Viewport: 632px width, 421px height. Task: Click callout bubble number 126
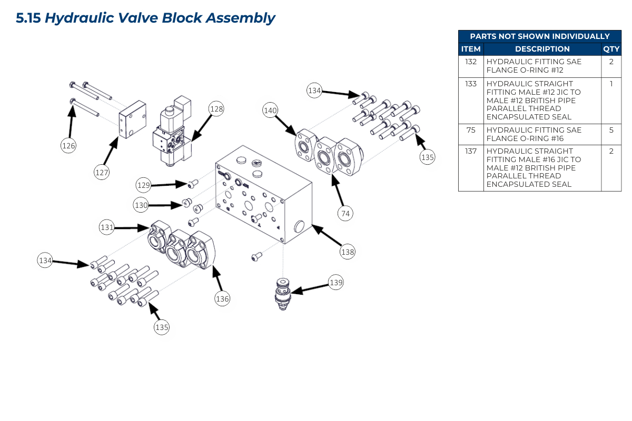(68, 146)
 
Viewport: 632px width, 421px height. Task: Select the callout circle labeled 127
(102, 172)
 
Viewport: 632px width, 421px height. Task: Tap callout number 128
(216, 109)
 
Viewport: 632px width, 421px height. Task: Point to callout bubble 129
(143, 185)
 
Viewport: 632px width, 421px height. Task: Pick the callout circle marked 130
(141, 206)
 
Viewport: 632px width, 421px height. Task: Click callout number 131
(107, 227)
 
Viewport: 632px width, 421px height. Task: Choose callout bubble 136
(222, 299)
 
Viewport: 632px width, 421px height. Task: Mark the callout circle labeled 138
(348, 252)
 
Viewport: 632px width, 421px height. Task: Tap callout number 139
(336, 283)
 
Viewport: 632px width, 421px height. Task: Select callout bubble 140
(270, 111)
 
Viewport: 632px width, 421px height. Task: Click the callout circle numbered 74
(346, 213)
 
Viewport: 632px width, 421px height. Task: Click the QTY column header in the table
(611, 49)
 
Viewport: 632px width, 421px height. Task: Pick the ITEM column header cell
(471, 49)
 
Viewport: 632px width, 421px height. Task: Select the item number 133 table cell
(471, 84)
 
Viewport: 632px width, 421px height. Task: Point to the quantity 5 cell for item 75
(611, 130)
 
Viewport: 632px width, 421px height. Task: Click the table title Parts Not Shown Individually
(540, 36)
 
